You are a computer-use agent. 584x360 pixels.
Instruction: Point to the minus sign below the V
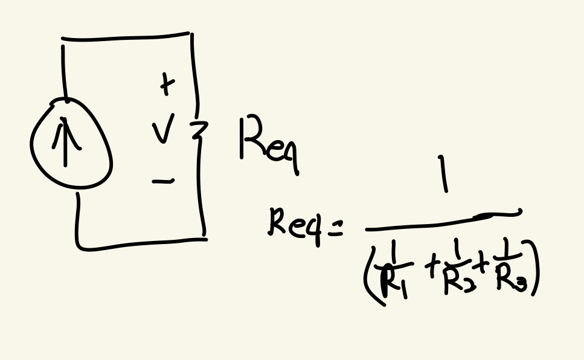[x=163, y=180]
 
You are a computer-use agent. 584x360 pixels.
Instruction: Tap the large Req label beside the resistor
[x=268, y=143]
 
